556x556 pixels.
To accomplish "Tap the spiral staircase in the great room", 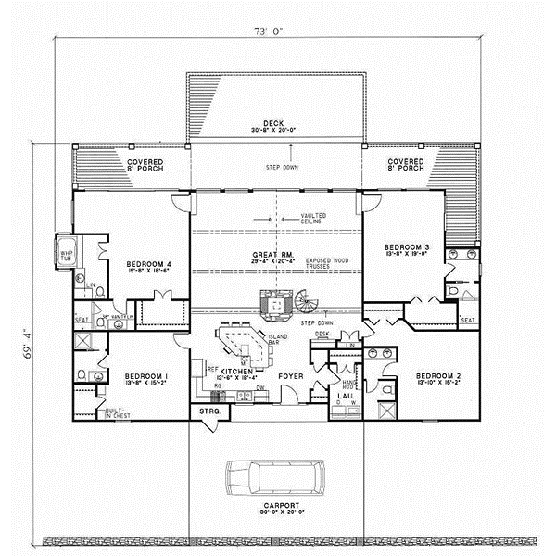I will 306,301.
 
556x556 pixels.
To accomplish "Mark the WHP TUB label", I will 67,254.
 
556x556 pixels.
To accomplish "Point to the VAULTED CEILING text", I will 313,219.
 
